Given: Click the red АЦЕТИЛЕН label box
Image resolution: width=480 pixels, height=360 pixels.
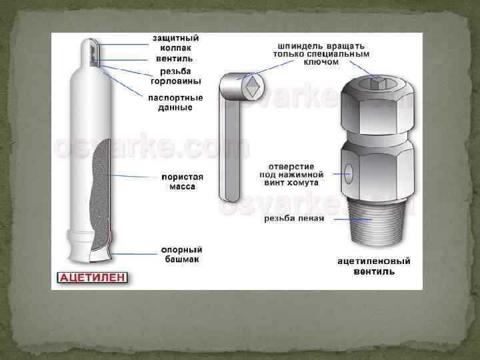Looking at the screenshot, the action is (92, 277).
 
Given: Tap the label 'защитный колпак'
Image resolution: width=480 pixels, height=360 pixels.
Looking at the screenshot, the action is (176, 43).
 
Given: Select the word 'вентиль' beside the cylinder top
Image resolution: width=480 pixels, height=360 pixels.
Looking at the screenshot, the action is (175, 59).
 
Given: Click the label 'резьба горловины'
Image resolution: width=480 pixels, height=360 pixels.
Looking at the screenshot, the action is (176, 76).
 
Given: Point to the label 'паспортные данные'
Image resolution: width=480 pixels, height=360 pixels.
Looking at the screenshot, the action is (175, 103).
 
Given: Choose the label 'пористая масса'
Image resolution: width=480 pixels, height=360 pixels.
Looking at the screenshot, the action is (182, 182).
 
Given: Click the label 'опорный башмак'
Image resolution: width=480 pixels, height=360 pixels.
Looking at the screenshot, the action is (182, 255).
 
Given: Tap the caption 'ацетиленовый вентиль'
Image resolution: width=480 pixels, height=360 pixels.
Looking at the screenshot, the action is (374, 266).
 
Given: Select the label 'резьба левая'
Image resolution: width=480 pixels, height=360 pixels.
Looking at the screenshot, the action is (294, 219).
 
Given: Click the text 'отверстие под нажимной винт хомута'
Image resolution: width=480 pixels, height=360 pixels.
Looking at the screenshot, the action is (291, 175).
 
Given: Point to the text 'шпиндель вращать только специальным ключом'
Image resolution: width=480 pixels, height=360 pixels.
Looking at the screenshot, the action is (321, 54).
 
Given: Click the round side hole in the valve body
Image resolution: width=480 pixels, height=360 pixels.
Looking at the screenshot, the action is (349, 173).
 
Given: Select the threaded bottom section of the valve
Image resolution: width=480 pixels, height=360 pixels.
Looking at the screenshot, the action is (377, 221).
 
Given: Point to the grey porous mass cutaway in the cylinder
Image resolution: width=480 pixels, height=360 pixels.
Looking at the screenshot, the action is (101, 196).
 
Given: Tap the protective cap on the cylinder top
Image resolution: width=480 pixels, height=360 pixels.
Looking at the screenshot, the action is (90, 53).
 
